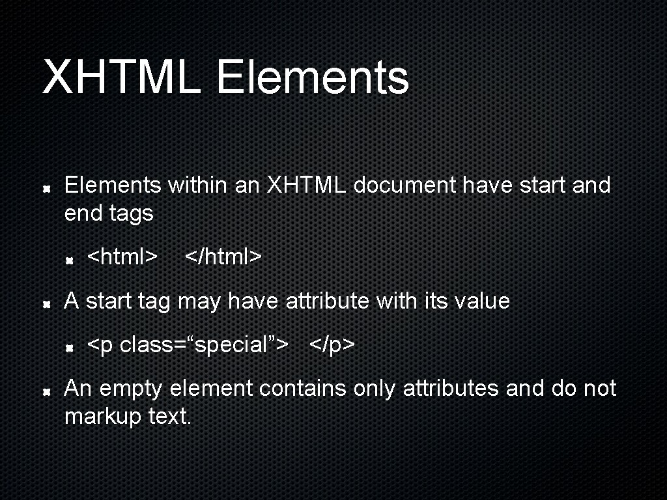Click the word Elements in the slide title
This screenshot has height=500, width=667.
[312, 77]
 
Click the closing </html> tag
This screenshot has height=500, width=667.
[223, 257]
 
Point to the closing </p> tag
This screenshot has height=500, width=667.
[332, 344]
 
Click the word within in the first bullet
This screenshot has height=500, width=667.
[197, 186]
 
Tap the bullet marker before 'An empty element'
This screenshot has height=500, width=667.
[47, 391]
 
